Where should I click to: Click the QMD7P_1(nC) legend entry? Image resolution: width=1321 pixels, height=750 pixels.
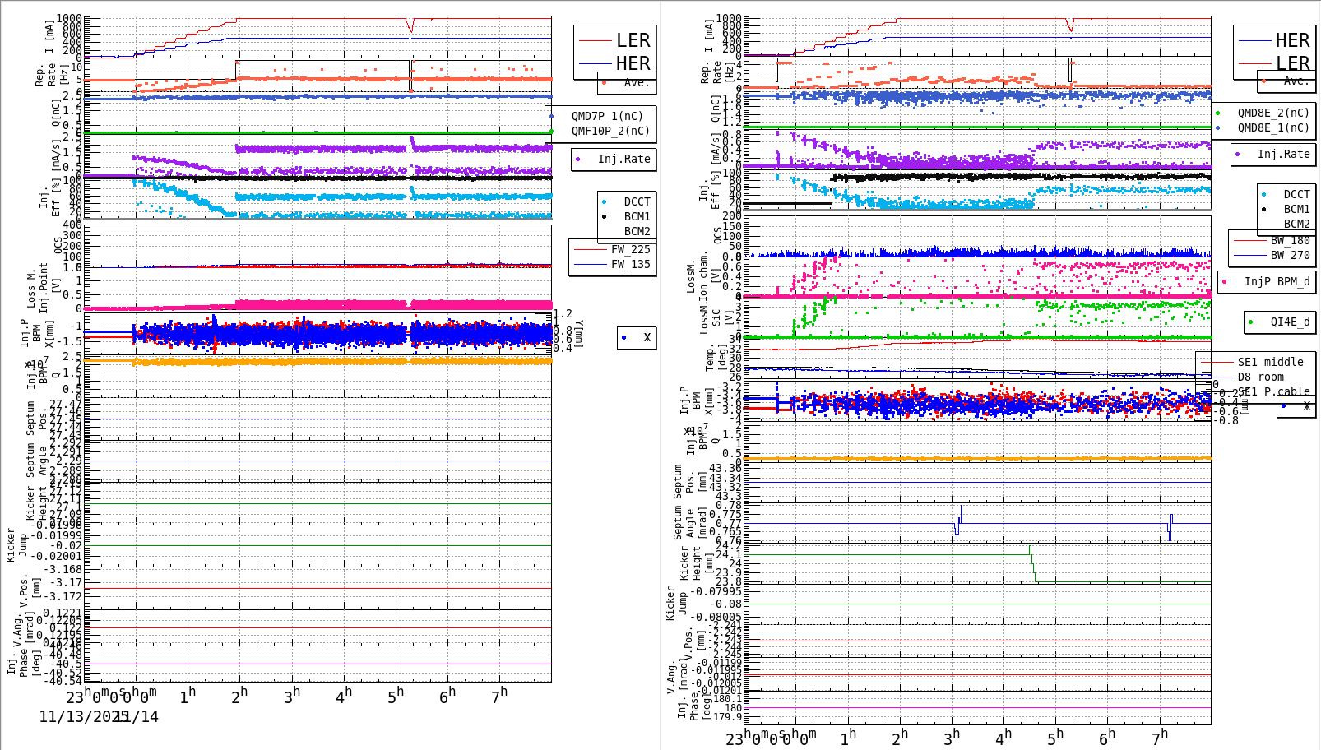click(x=607, y=116)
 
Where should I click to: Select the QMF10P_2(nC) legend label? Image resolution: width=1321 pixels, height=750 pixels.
click(x=610, y=131)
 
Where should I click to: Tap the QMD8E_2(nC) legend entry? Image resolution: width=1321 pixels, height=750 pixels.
click(x=1272, y=113)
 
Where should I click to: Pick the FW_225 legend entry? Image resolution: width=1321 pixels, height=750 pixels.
click(x=630, y=249)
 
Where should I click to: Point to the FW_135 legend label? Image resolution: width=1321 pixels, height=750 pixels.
click(x=630, y=264)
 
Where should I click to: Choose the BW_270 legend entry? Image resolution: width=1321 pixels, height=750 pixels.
click(x=1289, y=255)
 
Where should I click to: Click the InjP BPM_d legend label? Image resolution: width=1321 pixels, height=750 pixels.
click(x=1277, y=281)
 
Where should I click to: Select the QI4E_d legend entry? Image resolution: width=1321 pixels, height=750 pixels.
click(x=1289, y=322)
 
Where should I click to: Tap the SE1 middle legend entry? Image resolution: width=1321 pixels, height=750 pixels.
click(x=1270, y=362)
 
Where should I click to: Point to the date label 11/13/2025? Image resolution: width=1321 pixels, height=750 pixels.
click(x=83, y=716)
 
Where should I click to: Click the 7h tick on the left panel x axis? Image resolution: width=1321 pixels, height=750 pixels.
click(x=498, y=697)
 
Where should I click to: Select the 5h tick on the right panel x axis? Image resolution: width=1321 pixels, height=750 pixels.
click(x=1054, y=738)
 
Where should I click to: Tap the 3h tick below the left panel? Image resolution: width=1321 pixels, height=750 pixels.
click(x=291, y=697)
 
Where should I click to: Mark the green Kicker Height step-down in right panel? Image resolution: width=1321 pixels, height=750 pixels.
click(x=1033, y=566)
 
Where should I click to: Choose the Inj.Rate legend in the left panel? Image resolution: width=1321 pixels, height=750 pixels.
click(x=623, y=159)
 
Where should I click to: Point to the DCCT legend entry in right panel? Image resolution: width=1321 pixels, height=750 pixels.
click(x=1296, y=195)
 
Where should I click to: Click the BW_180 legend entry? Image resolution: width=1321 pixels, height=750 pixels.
click(x=1289, y=240)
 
